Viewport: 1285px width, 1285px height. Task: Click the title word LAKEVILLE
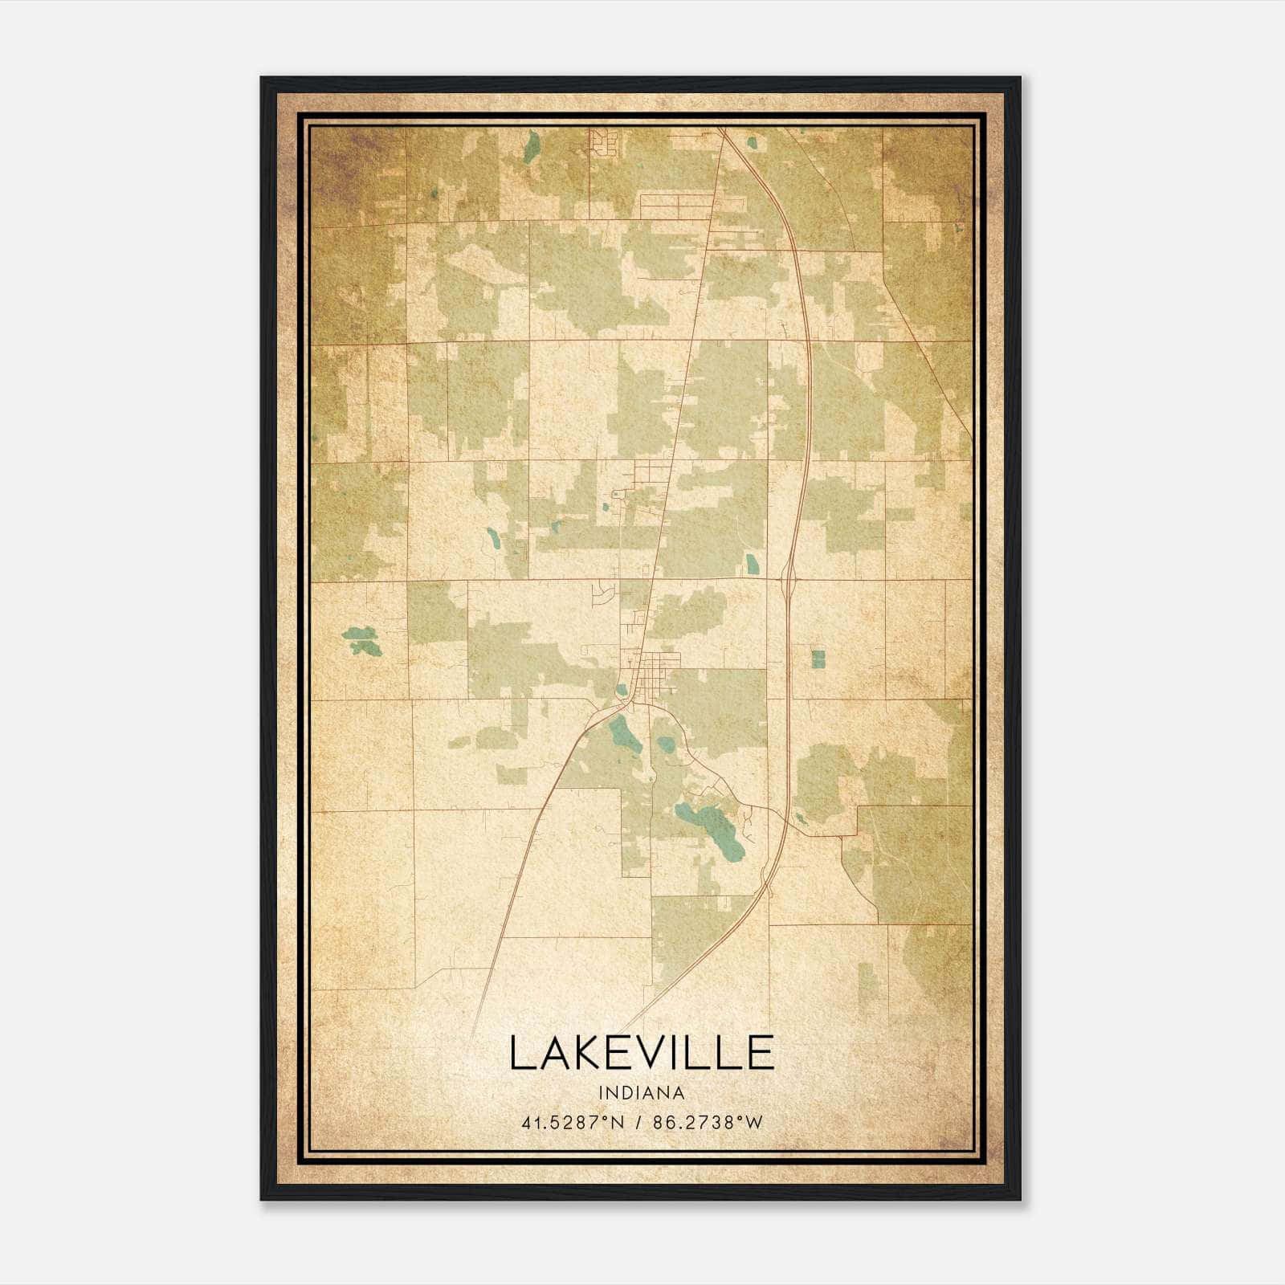pos(642,1053)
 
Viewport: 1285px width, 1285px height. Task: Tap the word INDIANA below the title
pos(642,1093)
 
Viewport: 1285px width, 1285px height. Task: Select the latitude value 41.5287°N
pos(573,1123)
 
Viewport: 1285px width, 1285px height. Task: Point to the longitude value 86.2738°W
pos(708,1123)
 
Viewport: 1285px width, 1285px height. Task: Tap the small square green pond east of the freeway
pos(818,659)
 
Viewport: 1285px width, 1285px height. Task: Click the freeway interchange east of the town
pos(788,577)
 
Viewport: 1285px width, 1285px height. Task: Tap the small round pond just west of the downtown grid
pos(622,689)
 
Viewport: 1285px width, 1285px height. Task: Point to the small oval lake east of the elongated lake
pos(666,744)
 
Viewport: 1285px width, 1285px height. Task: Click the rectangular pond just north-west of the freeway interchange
pos(752,564)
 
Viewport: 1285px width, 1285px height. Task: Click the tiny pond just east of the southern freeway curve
pos(801,820)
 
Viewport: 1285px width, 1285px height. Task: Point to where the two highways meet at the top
pos(722,130)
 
